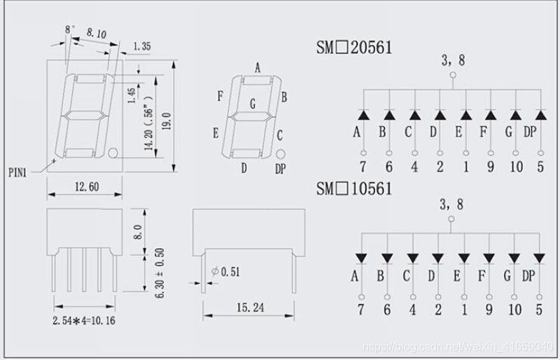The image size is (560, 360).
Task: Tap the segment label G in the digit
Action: coord(252,105)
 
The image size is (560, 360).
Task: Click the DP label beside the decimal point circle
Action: coord(281,168)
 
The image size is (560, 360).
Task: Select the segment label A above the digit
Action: coord(258,68)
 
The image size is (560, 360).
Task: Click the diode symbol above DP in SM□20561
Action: coord(540,114)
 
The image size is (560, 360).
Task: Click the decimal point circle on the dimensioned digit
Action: coord(113,151)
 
